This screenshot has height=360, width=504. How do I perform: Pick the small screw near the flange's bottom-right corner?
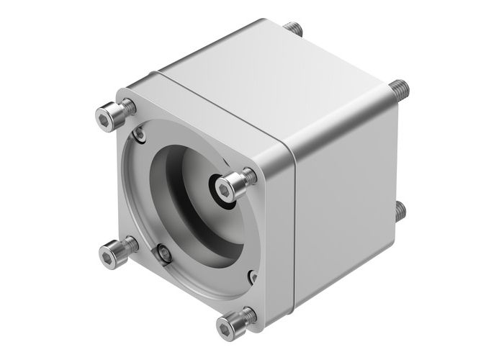coord(251,276)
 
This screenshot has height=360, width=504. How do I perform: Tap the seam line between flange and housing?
coord(291,216)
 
